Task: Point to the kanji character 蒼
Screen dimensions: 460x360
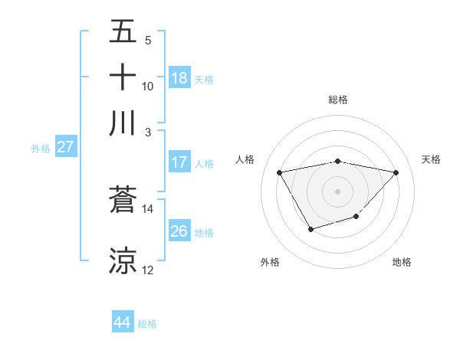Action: pos(123,200)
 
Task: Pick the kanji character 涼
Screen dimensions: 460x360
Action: pos(123,260)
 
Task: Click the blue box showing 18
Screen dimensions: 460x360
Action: pos(179,78)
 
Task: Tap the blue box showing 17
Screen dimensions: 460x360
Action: pos(179,162)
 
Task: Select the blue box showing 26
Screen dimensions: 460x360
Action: pos(179,231)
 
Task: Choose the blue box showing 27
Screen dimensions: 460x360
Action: pos(65,147)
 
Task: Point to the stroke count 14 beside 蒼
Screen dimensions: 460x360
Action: pos(148,208)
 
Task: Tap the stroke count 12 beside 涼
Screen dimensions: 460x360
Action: pos(148,270)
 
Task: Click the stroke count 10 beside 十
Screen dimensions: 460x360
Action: pos(148,86)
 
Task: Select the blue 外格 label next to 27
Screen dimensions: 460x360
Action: pos(41,149)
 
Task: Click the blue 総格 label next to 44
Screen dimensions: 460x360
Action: pos(147,324)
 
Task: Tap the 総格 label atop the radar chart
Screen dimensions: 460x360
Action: pos(338,100)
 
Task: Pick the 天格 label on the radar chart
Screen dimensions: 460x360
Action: pos(432,159)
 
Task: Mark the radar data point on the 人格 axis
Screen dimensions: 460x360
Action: pos(280,172)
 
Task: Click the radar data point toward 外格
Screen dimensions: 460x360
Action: pos(310,228)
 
